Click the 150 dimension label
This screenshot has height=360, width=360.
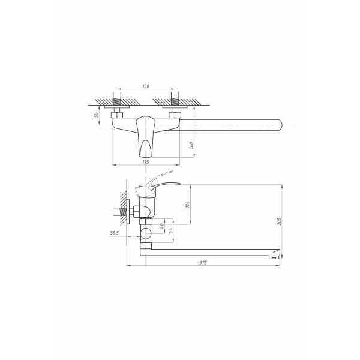(x=146, y=86)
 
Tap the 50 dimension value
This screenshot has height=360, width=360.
(x=97, y=115)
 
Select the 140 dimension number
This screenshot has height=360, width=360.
(x=192, y=145)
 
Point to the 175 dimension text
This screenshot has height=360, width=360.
(x=146, y=162)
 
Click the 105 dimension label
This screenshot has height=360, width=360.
(x=188, y=205)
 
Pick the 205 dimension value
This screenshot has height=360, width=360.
(x=279, y=221)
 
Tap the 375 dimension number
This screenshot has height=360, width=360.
(x=203, y=263)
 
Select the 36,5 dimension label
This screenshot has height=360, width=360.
(x=115, y=233)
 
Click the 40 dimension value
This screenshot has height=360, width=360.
(x=162, y=226)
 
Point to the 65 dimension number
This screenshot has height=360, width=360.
(x=170, y=231)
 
